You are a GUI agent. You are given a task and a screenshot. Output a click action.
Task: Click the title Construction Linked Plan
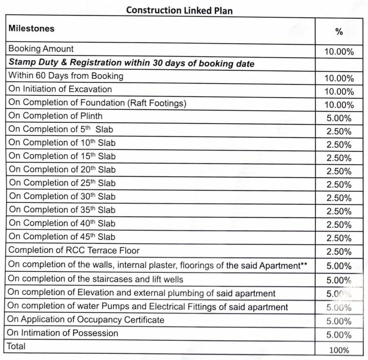(x=179, y=9)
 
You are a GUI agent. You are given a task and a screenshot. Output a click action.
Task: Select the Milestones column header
(x=31, y=29)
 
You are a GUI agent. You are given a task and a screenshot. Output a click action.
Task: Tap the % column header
(x=339, y=31)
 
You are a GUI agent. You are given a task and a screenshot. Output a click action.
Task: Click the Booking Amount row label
(x=41, y=49)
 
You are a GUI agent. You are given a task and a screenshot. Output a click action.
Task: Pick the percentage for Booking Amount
(x=339, y=52)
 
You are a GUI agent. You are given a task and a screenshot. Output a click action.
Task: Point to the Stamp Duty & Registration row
(x=131, y=63)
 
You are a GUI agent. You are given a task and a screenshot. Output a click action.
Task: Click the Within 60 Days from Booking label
(x=66, y=75)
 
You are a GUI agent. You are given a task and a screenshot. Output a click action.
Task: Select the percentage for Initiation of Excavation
(x=339, y=92)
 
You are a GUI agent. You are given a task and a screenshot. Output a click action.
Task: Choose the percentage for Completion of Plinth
(x=339, y=119)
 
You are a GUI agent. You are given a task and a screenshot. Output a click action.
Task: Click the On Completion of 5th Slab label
(x=61, y=129)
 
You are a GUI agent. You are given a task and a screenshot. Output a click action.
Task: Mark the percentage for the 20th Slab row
(x=339, y=172)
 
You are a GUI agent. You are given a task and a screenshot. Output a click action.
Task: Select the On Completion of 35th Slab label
(x=62, y=210)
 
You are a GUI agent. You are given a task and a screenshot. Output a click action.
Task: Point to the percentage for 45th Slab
(x=339, y=238)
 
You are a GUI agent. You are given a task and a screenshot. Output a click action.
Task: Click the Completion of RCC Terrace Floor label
(x=74, y=250)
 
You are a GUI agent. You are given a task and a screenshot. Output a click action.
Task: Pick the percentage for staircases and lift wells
(x=339, y=281)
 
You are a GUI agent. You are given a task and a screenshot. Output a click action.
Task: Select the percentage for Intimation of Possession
(x=339, y=335)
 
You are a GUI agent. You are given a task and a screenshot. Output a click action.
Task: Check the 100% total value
(x=339, y=350)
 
